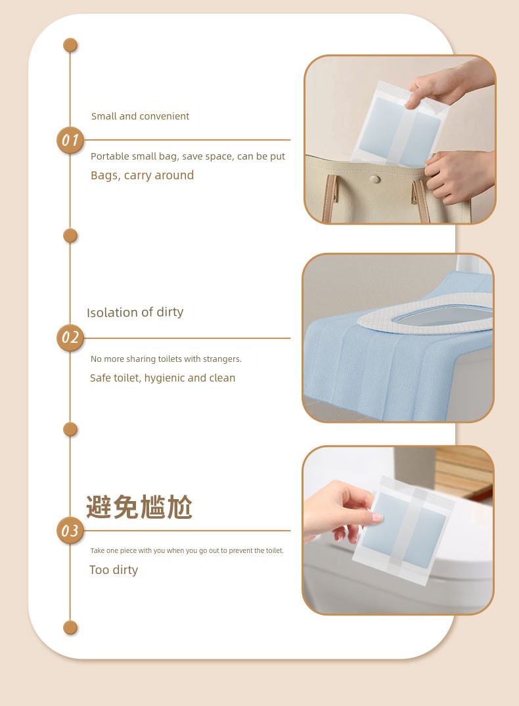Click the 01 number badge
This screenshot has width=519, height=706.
click(70, 140)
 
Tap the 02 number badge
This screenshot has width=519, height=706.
click(70, 338)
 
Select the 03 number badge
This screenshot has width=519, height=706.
click(70, 531)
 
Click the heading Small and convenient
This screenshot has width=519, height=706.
click(140, 116)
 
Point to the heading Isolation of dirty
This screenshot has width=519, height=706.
click(135, 312)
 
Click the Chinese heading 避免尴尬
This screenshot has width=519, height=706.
click(139, 506)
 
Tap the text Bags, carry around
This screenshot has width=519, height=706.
click(143, 175)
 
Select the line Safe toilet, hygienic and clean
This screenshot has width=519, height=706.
click(163, 378)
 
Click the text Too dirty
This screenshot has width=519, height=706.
click(114, 569)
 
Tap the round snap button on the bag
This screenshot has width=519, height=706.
click(374, 180)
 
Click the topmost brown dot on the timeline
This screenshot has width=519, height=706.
click(70, 45)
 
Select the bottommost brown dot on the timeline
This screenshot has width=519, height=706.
click(70, 627)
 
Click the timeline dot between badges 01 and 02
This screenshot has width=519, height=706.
click(70, 236)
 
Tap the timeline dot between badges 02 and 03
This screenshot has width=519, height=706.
click(70, 429)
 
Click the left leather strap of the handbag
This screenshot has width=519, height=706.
click(329, 198)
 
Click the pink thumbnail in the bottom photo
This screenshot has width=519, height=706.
click(377, 518)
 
